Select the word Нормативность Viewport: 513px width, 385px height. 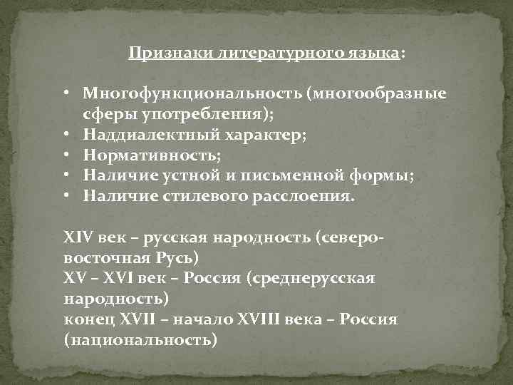point(148,154)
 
